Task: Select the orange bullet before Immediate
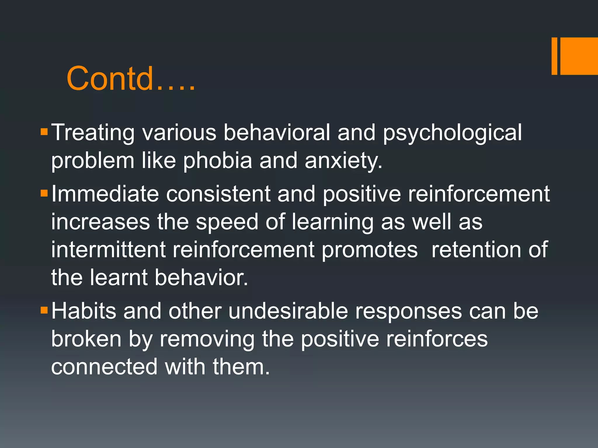click(44, 193)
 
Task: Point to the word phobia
click(217, 160)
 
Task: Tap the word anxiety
click(343, 161)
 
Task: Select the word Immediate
click(105, 194)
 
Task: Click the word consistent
click(218, 194)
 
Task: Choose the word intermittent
click(108, 250)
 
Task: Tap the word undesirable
click(288, 311)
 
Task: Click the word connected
click(104, 367)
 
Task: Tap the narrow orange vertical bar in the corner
click(554, 56)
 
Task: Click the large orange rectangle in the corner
click(579, 56)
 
